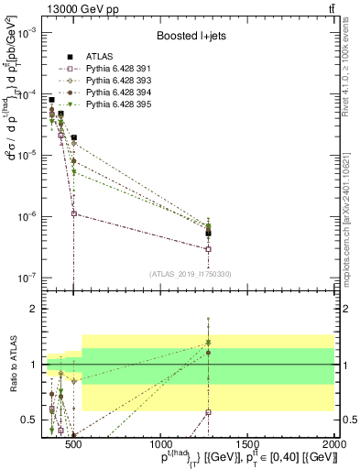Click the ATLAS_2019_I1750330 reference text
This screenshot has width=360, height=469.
pos(190,273)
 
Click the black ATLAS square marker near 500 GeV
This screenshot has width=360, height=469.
pos(73,137)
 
